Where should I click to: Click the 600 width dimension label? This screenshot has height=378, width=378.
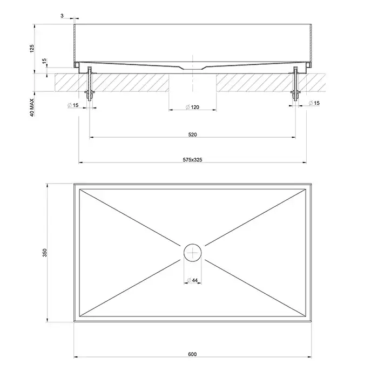point(192,354)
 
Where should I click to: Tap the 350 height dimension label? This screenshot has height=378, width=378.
point(45,253)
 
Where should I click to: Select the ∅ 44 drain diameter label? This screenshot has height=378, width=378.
point(192,280)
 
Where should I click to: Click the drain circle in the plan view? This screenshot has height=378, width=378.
point(192,244)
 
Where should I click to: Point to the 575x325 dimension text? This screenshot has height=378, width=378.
point(192,160)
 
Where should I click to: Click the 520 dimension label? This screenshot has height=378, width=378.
point(192,135)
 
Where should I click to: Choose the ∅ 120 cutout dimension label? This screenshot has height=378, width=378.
point(192,107)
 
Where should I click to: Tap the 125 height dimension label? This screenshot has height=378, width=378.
point(32,49)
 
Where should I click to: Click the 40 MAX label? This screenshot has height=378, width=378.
point(32,107)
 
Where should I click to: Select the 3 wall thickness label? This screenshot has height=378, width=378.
point(62,16)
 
